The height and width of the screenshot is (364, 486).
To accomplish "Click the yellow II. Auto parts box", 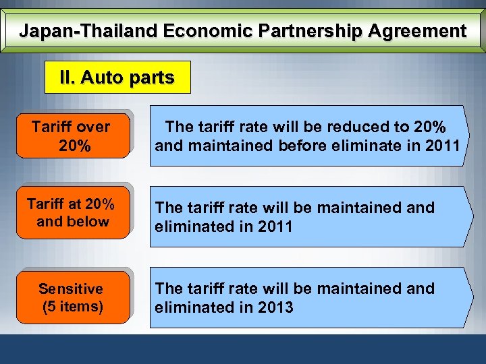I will (x=117, y=78).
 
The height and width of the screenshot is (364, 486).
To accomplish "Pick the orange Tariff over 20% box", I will (x=72, y=135).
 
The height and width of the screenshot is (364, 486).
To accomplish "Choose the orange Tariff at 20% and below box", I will (x=72, y=212).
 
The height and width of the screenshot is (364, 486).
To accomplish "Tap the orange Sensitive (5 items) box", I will (x=72, y=297).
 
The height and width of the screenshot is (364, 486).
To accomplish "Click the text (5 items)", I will (x=73, y=307).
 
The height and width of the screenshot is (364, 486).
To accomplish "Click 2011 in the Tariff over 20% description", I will (x=441, y=145).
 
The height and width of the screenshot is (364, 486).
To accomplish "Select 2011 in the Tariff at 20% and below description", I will (x=275, y=226).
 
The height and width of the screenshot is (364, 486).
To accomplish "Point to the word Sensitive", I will (x=71, y=289).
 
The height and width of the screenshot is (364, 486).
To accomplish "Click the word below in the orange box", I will (x=90, y=222).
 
